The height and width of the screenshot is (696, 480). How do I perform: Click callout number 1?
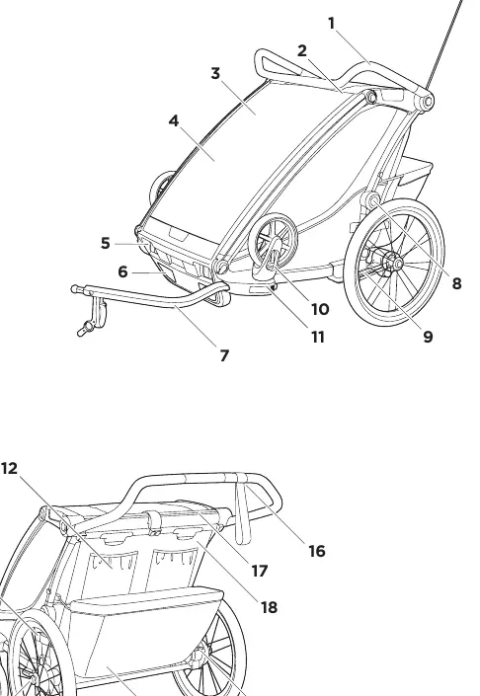331,23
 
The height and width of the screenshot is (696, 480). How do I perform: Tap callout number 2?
302,50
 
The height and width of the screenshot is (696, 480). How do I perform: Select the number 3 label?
215,73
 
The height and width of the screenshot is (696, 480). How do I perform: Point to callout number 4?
174,120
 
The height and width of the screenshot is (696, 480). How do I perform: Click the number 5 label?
106,243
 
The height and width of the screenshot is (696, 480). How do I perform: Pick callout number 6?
123,271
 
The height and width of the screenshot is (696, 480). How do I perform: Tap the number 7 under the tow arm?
224,355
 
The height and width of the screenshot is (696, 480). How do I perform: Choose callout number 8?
456,283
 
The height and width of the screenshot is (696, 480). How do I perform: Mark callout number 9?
428,337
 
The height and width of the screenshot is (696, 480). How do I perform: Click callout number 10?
320,309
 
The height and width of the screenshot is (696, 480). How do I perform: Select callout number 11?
318,338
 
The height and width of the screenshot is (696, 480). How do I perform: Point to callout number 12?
9,468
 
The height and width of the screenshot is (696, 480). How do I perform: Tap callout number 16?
317,551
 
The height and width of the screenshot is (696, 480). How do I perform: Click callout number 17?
260,571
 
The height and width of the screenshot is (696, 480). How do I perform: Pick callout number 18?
269,607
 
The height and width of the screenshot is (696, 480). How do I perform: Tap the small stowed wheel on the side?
273,236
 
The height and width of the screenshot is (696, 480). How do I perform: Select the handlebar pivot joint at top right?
426,102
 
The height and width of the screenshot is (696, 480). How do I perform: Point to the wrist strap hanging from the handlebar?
242,510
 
